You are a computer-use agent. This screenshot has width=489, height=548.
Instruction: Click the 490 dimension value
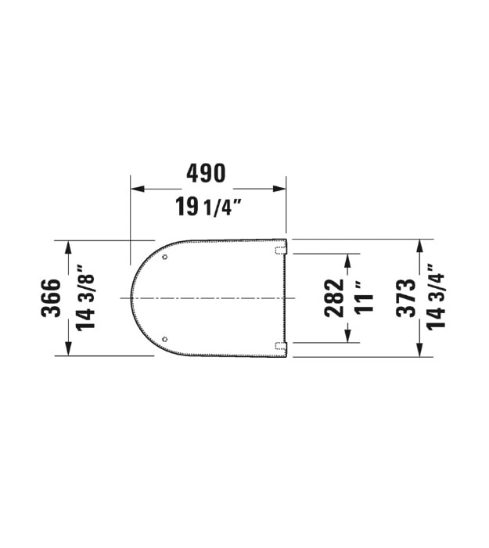(206, 173)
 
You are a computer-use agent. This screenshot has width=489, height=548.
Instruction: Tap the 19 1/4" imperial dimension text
(209, 207)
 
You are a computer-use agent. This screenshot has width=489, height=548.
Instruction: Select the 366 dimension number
(51, 297)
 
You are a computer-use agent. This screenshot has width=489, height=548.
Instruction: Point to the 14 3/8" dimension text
(85, 297)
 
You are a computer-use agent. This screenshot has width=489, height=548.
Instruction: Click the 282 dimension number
(334, 297)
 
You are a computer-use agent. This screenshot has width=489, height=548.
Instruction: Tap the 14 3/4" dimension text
(436, 297)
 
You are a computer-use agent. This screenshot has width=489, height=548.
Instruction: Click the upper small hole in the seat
(165, 258)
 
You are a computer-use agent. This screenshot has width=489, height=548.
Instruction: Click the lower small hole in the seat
(165, 339)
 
